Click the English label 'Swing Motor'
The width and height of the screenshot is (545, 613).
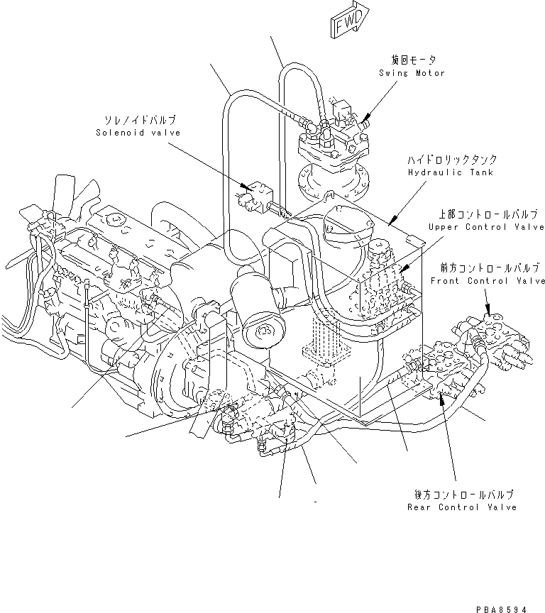[x=412, y=73]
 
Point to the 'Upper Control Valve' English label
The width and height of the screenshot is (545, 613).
[x=486, y=226]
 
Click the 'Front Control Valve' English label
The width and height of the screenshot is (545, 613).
[x=488, y=280]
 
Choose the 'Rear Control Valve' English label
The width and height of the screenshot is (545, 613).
[x=462, y=507]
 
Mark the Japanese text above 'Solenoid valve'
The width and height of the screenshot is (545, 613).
[x=139, y=121]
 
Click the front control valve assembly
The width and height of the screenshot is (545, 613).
[x=497, y=344]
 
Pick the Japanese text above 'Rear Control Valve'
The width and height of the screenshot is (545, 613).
[x=462, y=495]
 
